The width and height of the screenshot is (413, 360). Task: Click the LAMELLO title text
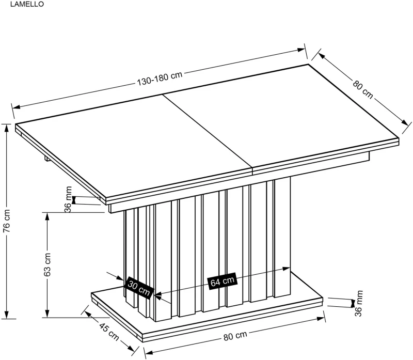click(x=27, y=4)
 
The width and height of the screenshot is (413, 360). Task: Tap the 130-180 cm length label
click(x=160, y=78)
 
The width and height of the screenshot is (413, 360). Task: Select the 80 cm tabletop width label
click(x=363, y=89)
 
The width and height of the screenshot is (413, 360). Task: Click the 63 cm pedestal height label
click(x=47, y=264)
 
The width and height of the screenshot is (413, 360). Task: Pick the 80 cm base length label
click(x=235, y=336)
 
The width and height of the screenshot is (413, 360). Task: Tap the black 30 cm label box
click(x=139, y=288)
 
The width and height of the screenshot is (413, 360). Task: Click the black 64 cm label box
click(x=223, y=281)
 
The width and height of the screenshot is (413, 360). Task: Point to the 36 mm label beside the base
click(x=359, y=303)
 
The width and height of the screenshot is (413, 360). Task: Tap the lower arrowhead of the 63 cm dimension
click(x=47, y=314)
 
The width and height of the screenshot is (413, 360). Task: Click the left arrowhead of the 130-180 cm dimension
click(x=17, y=107)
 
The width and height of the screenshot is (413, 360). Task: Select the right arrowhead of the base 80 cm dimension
click(x=321, y=319)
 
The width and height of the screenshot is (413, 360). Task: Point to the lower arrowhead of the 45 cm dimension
click(x=131, y=349)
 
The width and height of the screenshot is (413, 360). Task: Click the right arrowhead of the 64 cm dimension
click(x=286, y=269)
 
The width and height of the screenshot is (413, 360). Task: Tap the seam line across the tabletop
click(x=208, y=132)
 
